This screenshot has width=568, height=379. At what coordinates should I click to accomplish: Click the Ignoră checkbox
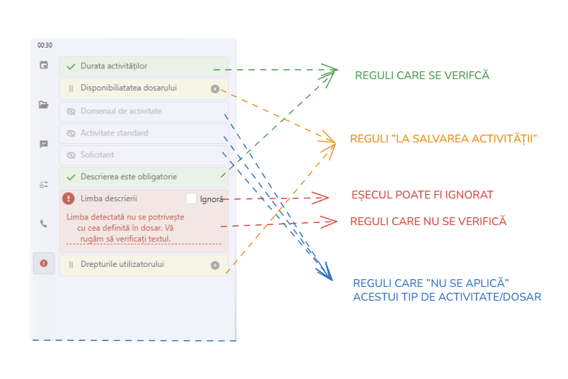(191, 198)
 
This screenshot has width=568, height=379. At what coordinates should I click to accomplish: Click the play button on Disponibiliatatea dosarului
(215, 89)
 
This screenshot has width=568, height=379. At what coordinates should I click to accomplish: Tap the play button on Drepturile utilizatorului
(215, 265)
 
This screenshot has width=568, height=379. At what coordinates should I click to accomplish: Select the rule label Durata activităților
(114, 66)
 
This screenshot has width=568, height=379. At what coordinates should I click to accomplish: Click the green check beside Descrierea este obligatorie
(71, 177)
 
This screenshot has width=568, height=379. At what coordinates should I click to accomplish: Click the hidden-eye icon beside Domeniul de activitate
(71, 111)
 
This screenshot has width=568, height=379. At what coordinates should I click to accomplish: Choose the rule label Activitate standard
(114, 133)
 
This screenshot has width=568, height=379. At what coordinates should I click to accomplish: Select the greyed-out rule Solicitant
(97, 155)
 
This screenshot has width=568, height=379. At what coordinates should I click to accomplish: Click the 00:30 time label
(45, 45)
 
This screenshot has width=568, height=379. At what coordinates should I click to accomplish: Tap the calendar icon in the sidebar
(44, 65)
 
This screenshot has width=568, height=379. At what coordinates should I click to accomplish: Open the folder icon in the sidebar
(44, 104)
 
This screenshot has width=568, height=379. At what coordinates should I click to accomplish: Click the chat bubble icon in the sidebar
(44, 144)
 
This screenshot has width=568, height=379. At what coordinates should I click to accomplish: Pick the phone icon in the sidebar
(44, 224)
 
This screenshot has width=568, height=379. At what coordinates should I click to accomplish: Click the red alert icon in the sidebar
(44, 263)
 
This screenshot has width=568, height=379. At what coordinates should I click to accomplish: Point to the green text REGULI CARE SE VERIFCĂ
(422, 75)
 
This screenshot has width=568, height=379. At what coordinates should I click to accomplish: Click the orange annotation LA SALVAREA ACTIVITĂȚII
(444, 139)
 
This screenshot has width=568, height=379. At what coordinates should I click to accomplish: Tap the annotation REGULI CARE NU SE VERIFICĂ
(429, 222)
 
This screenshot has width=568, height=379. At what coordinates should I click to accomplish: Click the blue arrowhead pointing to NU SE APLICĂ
(327, 274)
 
